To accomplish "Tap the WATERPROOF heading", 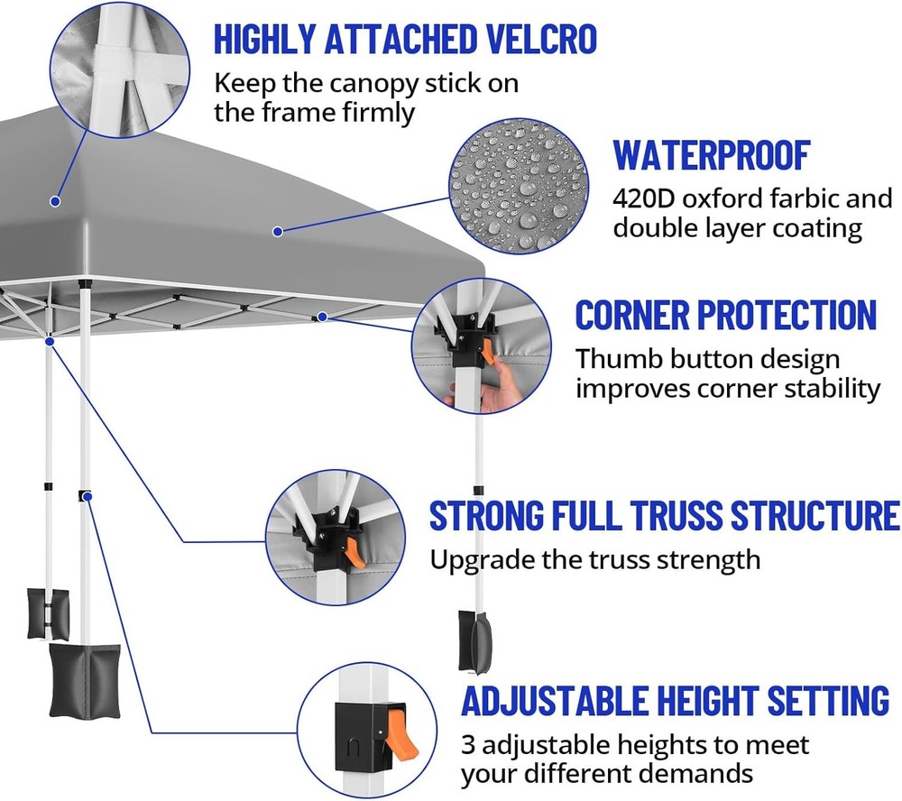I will pos(712,155).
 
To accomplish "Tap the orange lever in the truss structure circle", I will pos(354,551).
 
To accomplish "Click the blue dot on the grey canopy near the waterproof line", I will pos(278,232).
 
